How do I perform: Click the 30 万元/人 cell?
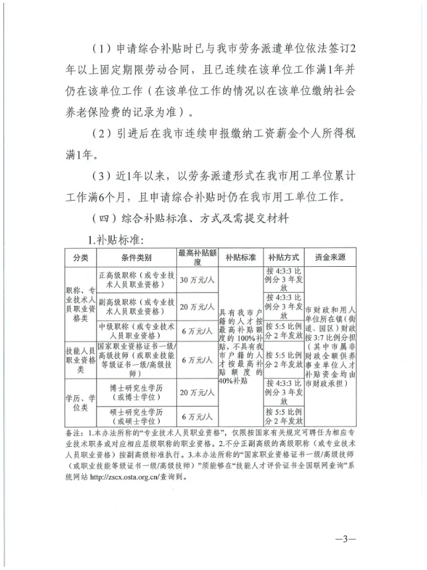click(197, 279)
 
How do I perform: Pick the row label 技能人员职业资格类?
click(80, 360)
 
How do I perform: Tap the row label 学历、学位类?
click(80, 403)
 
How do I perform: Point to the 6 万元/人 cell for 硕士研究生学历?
click(197, 416)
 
